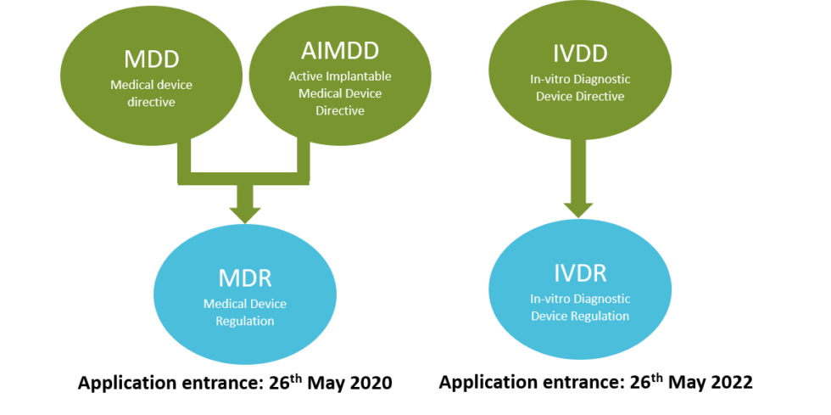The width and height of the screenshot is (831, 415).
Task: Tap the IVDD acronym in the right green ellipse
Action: (x=580, y=53)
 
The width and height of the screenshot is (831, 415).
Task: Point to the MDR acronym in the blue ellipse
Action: (x=244, y=278)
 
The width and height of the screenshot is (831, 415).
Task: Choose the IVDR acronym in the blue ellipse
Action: (x=580, y=273)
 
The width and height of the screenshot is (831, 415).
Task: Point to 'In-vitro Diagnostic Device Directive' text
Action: (x=580, y=87)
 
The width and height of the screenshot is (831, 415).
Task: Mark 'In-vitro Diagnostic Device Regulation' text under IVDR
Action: (x=580, y=307)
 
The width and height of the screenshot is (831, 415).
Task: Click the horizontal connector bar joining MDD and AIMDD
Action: (x=245, y=177)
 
